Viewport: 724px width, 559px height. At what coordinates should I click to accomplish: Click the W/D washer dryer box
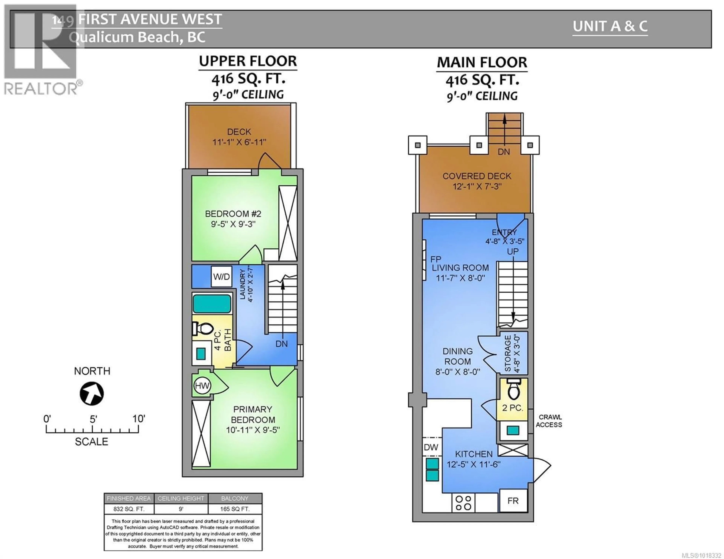(x=221, y=277)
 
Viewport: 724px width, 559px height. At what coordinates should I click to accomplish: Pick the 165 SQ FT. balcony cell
(x=235, y=509)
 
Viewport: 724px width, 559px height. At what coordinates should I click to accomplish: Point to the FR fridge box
(x=513, y=501)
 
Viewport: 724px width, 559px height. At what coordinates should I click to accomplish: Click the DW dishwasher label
(x=431, y=447)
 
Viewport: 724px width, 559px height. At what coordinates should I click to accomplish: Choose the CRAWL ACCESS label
(x=549, y=421)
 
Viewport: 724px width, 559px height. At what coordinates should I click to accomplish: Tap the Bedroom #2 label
(x=233, y=214)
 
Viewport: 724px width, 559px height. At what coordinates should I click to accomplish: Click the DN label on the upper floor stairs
(x=281, y=344)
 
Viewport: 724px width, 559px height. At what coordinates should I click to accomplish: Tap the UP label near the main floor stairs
(x=512, y=252)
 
